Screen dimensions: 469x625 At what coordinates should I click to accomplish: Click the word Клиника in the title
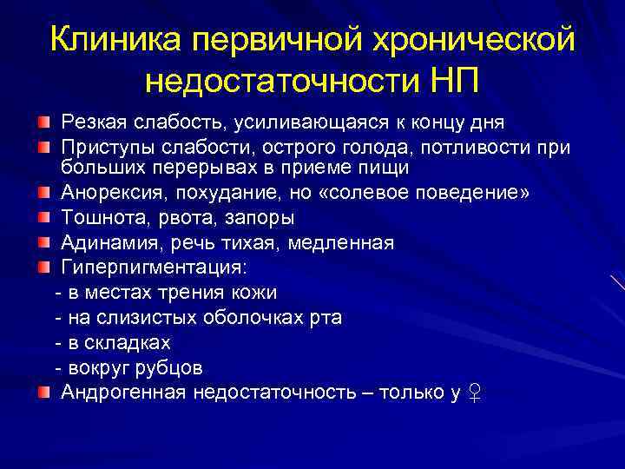pyautogui.click(x=115, y=40)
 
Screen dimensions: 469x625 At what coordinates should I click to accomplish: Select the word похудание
pyautogui.click(x=229, y=191)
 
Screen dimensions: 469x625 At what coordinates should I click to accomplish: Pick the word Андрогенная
pyautogui.click(x=122, y=393)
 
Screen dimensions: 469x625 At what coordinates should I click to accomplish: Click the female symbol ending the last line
pyautogui.click(x=474, y=393)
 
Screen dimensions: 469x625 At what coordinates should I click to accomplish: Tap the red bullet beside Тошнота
pyautogui.click(x=43, y=216)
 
